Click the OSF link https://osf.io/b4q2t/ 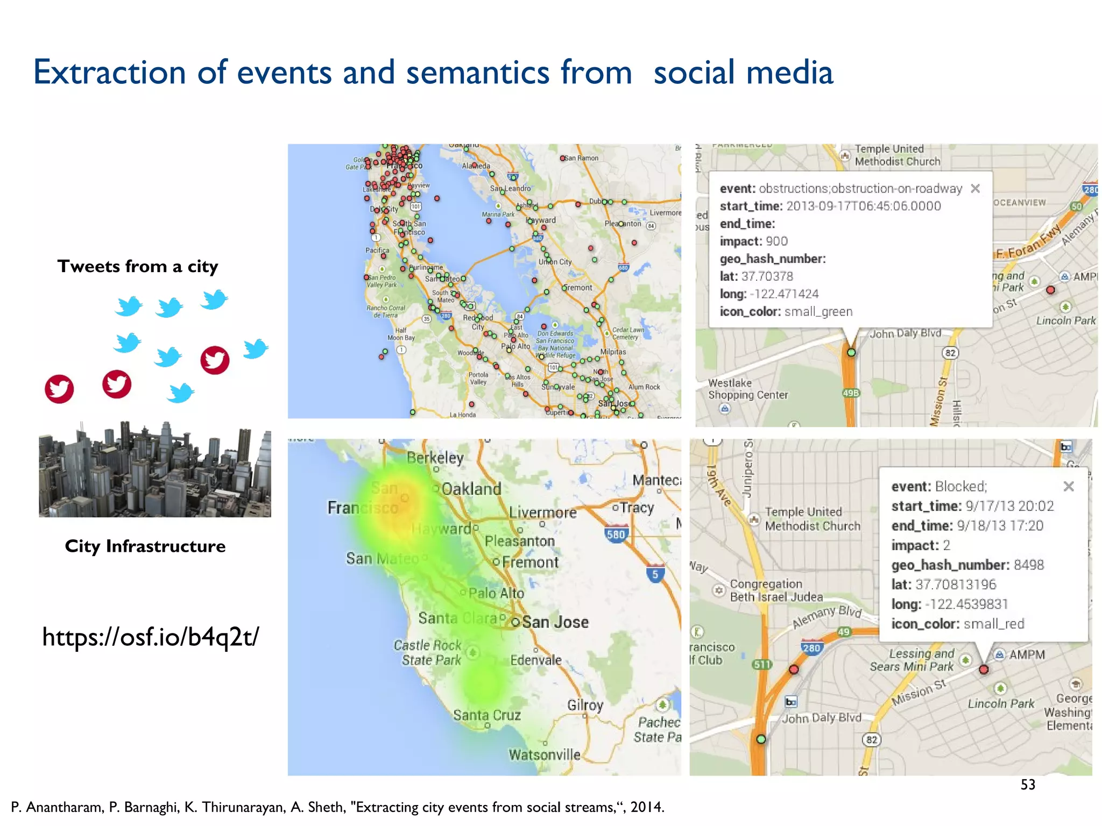pos(150,637)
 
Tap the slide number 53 pos(1027,785)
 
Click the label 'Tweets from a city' pos(138,266)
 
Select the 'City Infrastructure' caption pos(145,546)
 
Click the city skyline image pos(154,469)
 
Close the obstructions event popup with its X pos(975,188)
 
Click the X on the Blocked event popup pos(1069,486)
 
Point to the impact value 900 pos(776,241)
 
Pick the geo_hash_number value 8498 pos(1028,565)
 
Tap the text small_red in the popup pos(993,624)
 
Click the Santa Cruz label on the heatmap pos(486,715)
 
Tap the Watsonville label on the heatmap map pos(545,755)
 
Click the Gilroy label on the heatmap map pos(585,705)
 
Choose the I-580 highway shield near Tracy pos(616,534)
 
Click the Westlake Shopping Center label pos(747,389)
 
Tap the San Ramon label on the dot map pos(581,158)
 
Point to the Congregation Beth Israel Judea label pos(776,590)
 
